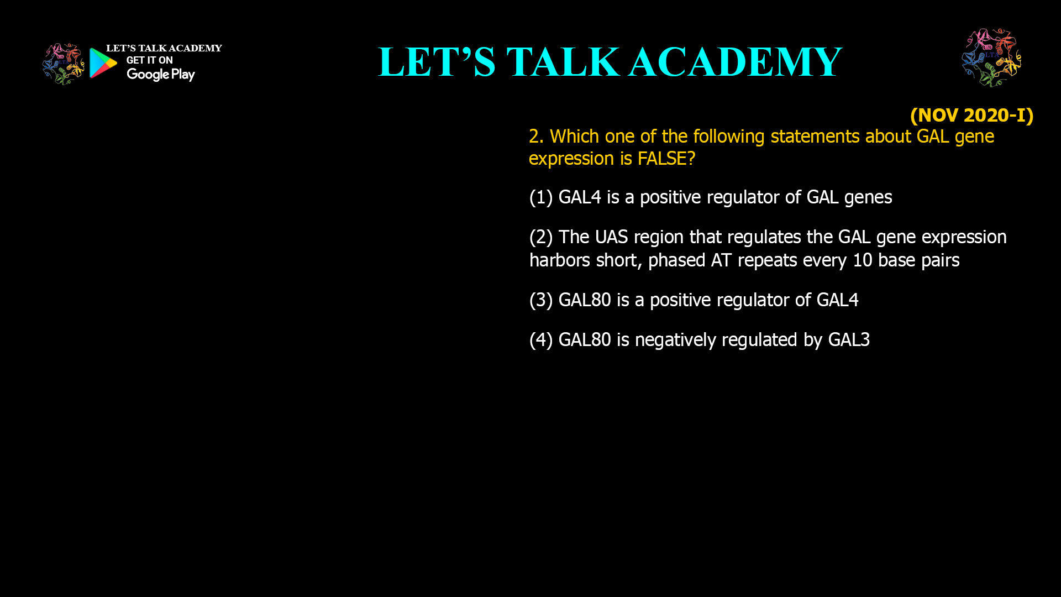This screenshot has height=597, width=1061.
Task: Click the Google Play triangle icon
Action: (x=103, y=63)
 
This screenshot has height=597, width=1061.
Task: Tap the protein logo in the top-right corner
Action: (x=991, y=57)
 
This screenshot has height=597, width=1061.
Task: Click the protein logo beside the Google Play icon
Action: (x=63, y=64)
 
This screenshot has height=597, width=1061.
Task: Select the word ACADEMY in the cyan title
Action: (x=735, y=62)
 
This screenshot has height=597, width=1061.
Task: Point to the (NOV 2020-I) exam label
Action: (x=971, y=115)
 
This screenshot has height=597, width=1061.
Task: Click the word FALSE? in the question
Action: (x=666, y=159)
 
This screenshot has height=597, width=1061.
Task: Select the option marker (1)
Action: (x=541, y=197)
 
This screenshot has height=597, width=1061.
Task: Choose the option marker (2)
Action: (x=541, y=237)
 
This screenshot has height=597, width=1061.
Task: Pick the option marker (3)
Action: (x=541, y=300)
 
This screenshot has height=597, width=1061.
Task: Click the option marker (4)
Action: (x=541, y=340)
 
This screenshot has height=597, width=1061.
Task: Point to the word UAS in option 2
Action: (x=611, y=237)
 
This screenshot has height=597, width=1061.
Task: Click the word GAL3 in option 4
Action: (x=849, y=340)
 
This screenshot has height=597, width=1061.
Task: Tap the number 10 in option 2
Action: (x=862, y=260)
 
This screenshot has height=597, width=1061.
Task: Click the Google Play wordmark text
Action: (x=161, y=75)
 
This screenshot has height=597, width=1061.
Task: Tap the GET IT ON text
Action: (x=149, y=60)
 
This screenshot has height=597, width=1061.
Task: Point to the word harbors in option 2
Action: (x=559, y=260)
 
